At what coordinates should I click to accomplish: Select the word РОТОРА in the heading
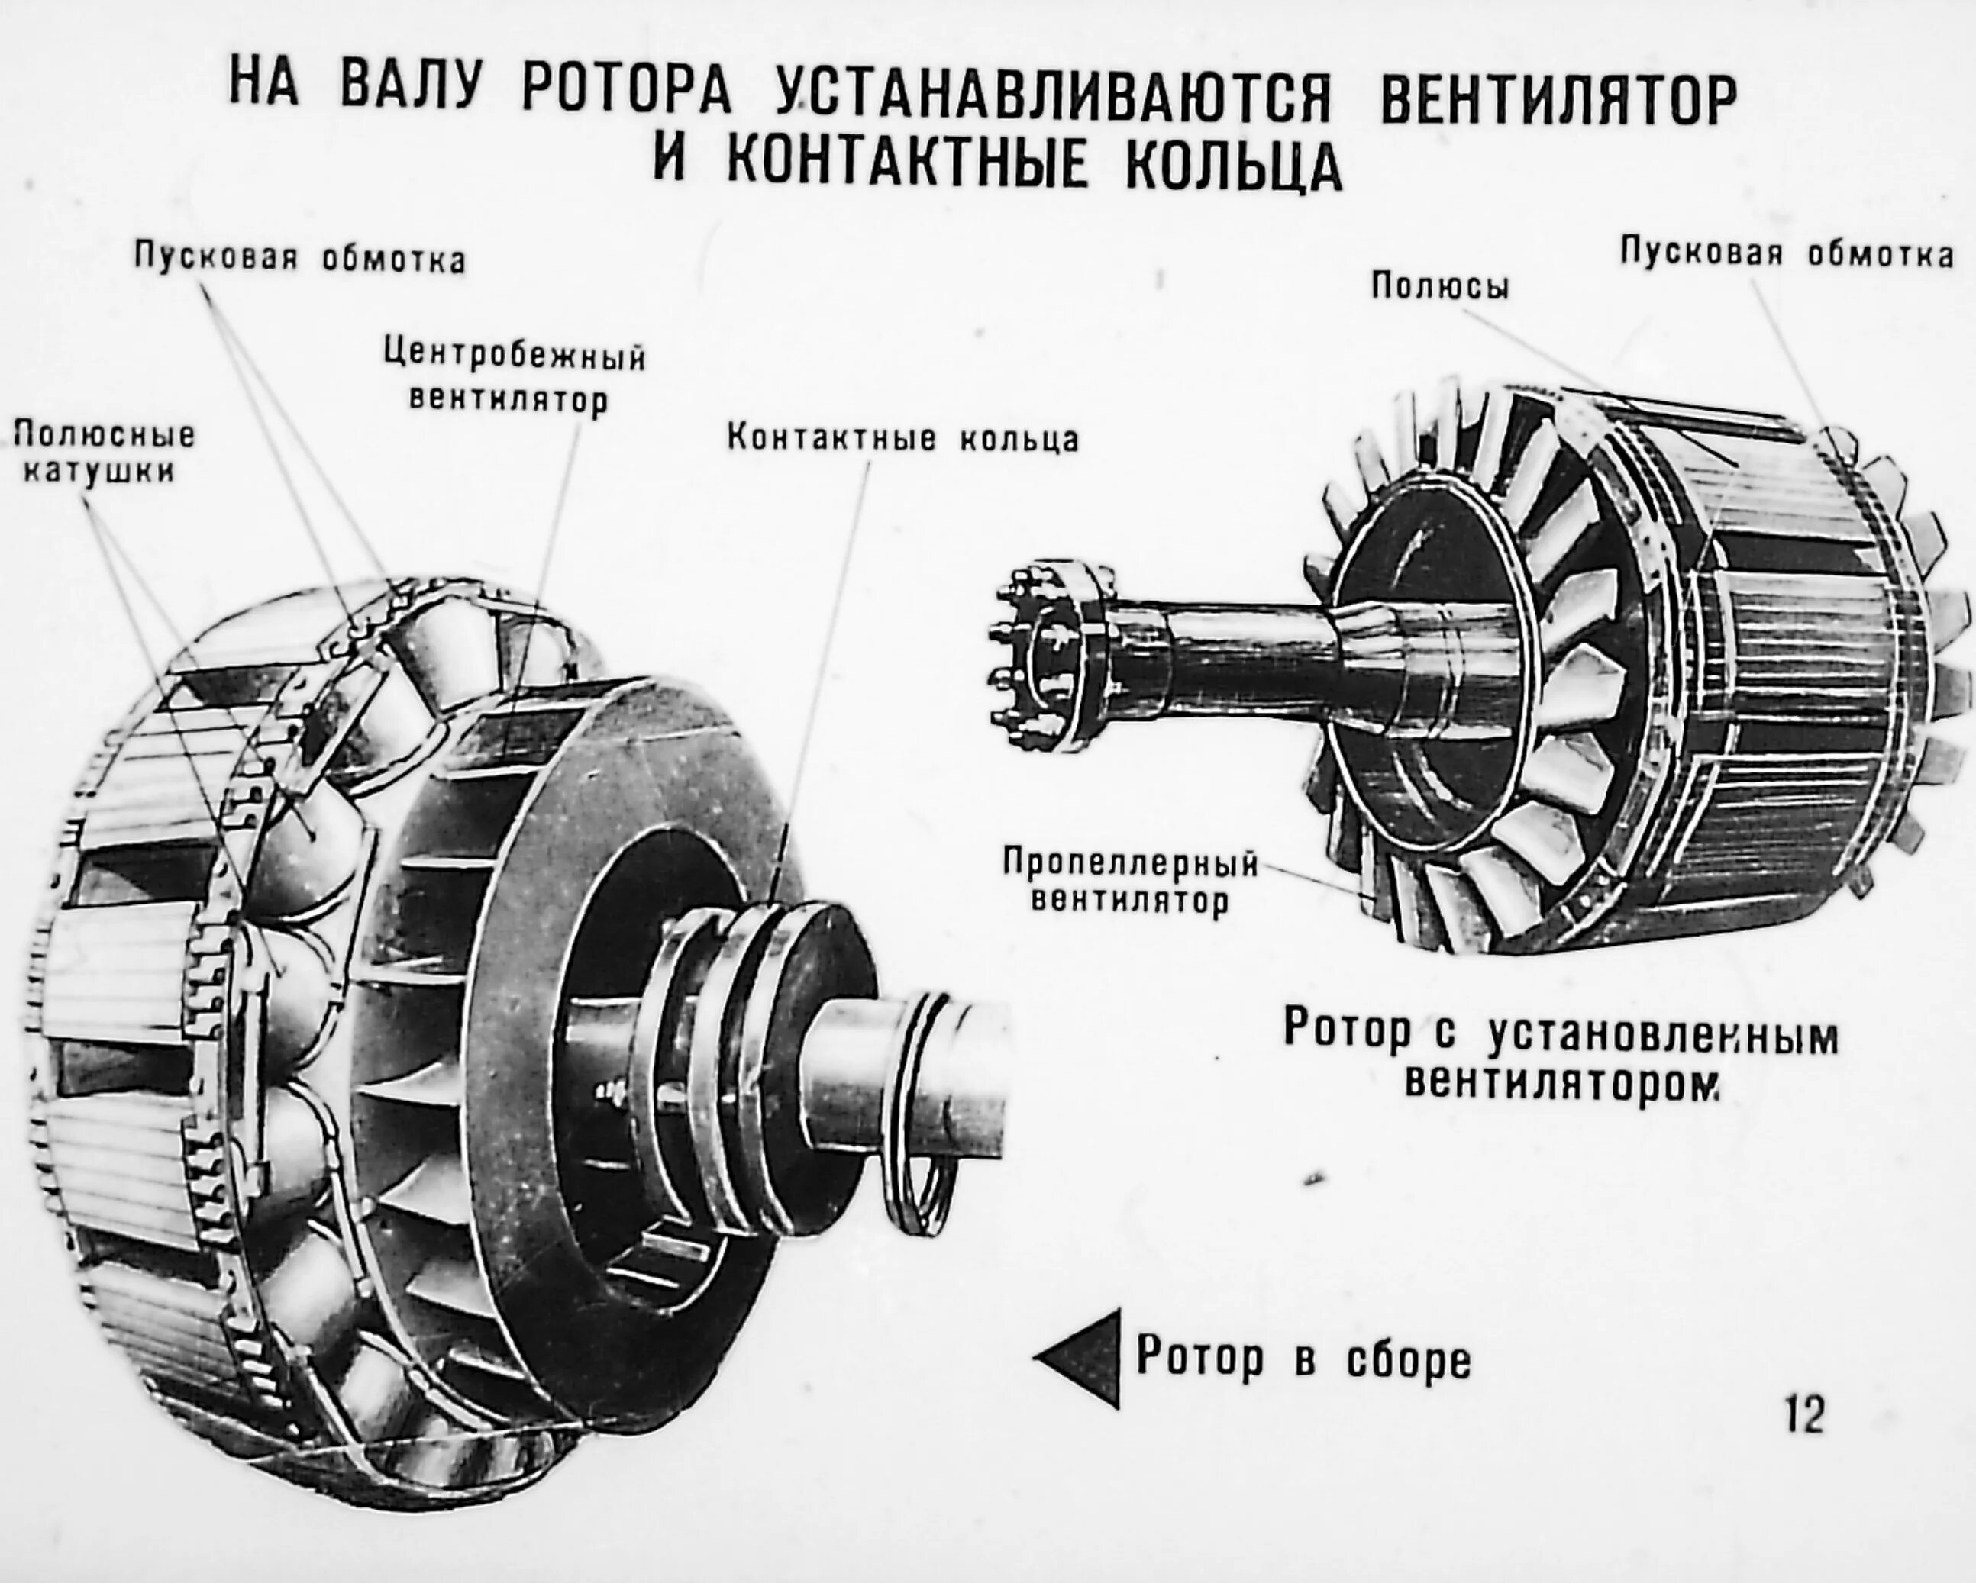point(627,95)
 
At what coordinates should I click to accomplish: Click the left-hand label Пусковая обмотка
point(300,260)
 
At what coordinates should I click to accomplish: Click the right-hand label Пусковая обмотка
point(1787,253)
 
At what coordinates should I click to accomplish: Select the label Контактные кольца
point(902,439)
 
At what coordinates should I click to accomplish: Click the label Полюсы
point(1440,288)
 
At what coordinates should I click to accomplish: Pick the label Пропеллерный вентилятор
point(1130,880)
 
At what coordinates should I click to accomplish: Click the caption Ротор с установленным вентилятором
point(1560,1057)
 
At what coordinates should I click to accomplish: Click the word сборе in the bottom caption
point(1408,1359)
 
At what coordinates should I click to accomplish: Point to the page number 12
point(1805,1414)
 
